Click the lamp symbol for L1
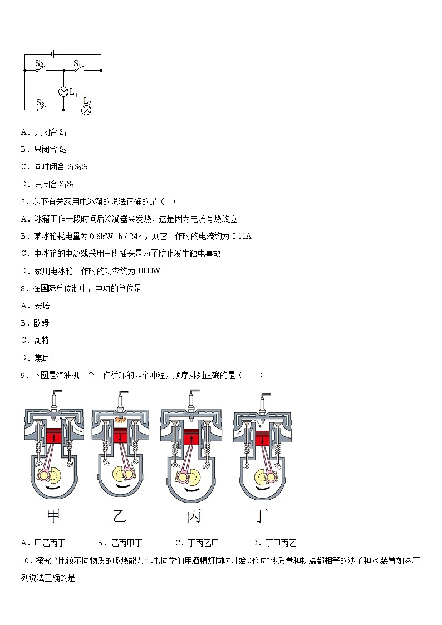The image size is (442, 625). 63,91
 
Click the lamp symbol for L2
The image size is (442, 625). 86,110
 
